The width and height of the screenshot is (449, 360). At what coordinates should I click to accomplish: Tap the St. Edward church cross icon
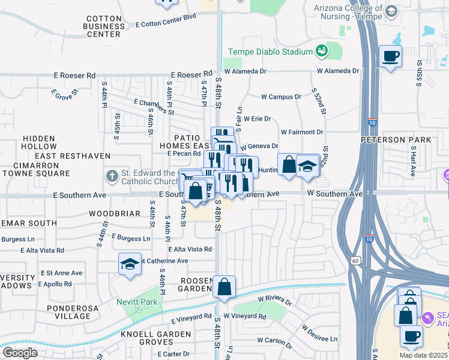coord(112,176)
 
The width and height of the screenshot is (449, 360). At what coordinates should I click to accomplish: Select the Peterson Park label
coord(396,140)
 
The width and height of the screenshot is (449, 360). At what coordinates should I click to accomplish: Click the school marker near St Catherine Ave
coord(130,265)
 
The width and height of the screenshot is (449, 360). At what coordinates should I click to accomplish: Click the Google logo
coord(20,353)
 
